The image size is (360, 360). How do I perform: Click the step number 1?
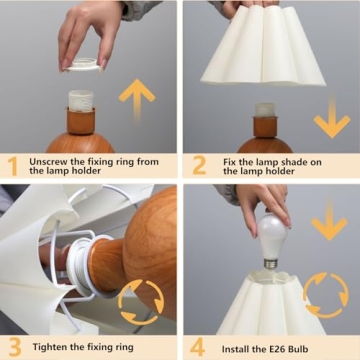[x=12, y=165]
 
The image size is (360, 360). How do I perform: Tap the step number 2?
[x=197, y=165]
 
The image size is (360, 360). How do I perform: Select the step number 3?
[x=12, y=347]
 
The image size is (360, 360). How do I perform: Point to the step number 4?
[x=197, y=347]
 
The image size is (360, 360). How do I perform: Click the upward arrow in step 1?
[x=137, y=99]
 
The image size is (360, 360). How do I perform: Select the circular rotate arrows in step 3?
[x=139, y=300]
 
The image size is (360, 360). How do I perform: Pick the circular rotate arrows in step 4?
[x=326, y=295]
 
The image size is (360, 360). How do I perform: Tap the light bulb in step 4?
[x=272, y=237]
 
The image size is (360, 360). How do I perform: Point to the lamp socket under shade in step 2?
[x=265, y=109]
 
